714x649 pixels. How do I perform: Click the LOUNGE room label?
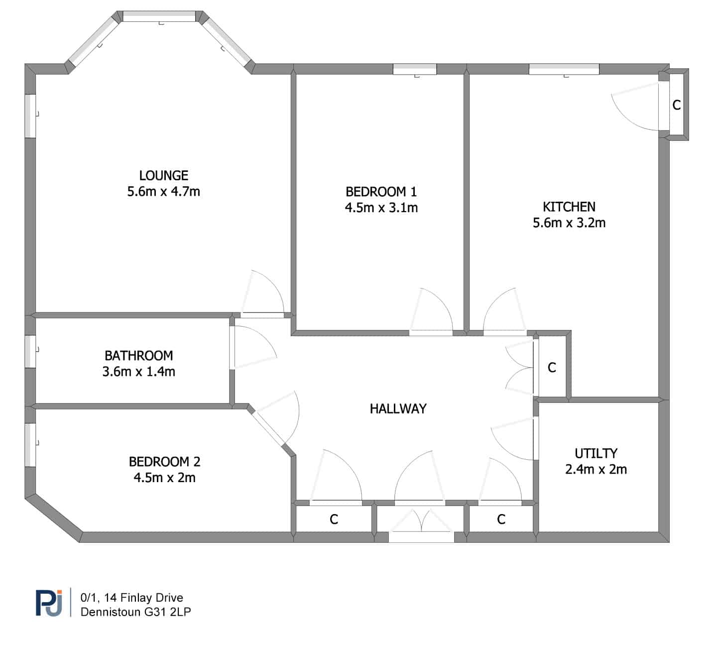[164, 176]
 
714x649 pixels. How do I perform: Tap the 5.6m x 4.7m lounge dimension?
[164, 192]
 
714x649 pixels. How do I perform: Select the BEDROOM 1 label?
[381, 192]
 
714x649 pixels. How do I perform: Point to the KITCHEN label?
[569, 207]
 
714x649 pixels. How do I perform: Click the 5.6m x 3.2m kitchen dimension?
[569, 223]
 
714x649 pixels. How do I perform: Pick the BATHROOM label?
[139, 356]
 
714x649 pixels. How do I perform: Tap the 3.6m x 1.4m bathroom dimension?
[139, 372]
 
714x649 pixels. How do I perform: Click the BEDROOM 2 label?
[164, 462]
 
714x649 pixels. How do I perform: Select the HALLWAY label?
[398, 409]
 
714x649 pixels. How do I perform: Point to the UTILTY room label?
[596, 453]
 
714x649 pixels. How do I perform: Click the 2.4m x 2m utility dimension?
[596, 470]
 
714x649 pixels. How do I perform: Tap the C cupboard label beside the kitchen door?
[552, 368]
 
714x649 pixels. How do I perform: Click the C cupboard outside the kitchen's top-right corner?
[676, 105]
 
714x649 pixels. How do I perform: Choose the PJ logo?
[49, 603]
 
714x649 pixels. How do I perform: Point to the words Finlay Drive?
[152, 598]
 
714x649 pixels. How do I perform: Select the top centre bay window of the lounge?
[159, 16]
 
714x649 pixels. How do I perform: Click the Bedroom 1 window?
[415, 69]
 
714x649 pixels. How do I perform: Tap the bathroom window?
[30, 352]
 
